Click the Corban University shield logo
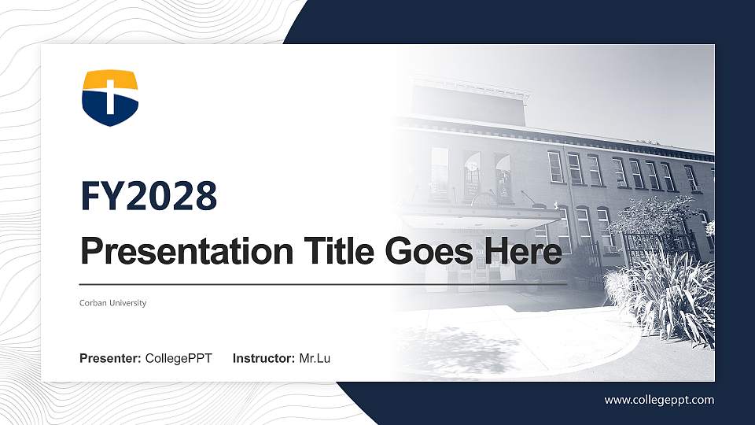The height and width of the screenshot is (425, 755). tap(110, 98)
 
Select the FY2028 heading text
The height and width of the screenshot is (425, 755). tap(149, 196)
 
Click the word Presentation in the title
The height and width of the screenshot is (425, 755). tap(187, 253)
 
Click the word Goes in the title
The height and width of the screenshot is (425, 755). tap(429, 253)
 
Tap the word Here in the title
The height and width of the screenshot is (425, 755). tap(523, 253)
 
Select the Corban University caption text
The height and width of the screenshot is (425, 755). tap(112, 303)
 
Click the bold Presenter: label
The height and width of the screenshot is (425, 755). tap(110, 359)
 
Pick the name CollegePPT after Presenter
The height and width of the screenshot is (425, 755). tap(179, 359)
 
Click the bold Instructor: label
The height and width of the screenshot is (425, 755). tap(264, 359)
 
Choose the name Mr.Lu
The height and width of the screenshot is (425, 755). tap(315, 359)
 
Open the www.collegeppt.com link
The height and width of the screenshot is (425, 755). tap(659, 400)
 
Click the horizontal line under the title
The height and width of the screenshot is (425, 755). tap(322, 283)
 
